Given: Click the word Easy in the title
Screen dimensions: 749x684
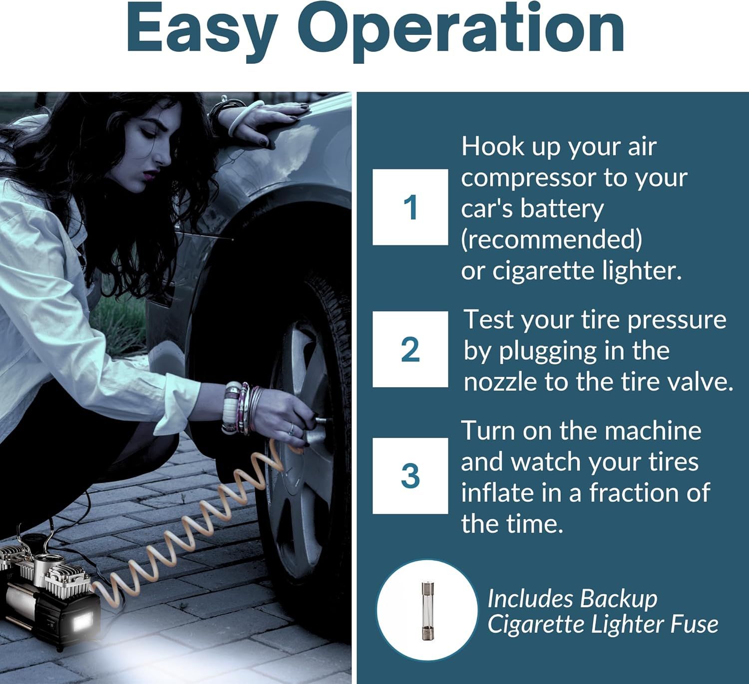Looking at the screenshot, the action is pos(202,30).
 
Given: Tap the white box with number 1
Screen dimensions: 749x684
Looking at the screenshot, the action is pos(410,207).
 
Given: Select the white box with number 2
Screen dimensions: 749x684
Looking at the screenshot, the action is pos(410,349).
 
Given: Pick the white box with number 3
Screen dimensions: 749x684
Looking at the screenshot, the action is pos(410,476).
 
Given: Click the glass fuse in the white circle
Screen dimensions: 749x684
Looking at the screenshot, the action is pos(427,611).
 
